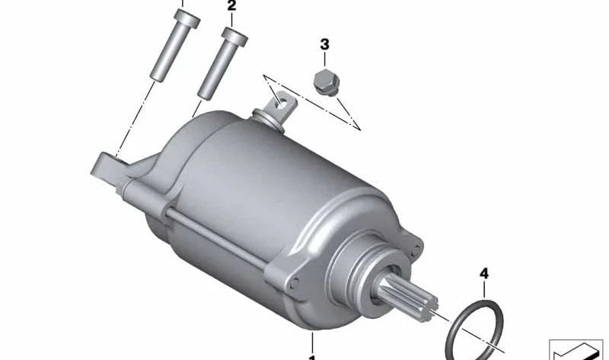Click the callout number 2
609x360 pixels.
click(231, 6)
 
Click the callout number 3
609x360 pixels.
click(325, 44)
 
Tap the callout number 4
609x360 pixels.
click(484, 274)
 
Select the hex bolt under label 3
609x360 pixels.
click(327, 82)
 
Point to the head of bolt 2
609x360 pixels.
click(234, 37)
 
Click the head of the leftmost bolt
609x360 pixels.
click(187, 18)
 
